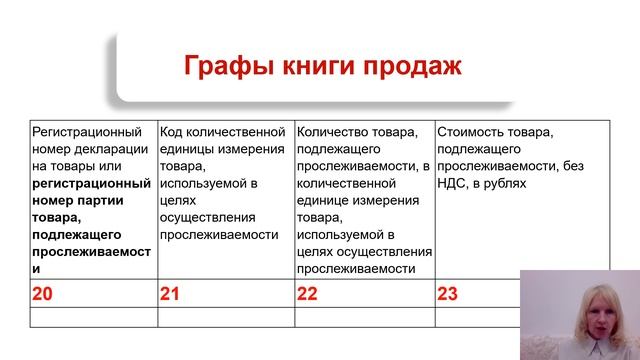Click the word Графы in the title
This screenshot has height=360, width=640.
[x=221, y=68]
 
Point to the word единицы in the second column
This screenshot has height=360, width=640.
[x=187, y=148]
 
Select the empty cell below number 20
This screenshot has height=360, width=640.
[x=94, y=317]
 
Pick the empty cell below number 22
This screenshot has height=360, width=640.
[x=364, y=317]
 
